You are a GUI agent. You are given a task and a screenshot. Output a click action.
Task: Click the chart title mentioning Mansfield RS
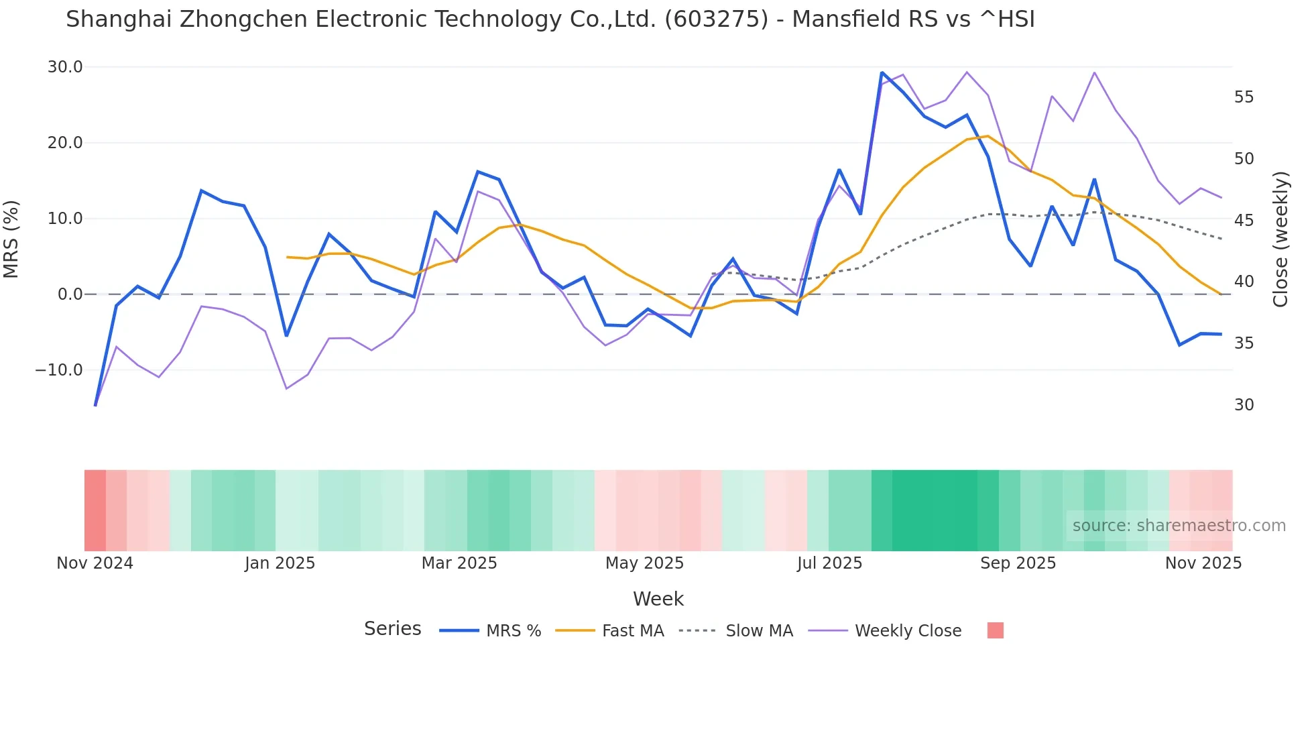pyautogui.click(x=550, y=19)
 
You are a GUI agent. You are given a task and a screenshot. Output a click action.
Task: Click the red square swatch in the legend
pyautogui.click(x=996, y=630)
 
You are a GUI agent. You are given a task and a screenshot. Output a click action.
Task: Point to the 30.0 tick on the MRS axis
pyautogui.click(x=65, y=67)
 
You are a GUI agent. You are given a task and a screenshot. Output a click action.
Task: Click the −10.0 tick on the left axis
pyautogui.click(x=59, y=370)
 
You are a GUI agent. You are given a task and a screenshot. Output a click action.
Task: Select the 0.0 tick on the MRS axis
pyautogui.click(x=70, y=294)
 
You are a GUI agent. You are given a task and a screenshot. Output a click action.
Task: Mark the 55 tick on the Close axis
pyautogui.click(x=1244, y=97)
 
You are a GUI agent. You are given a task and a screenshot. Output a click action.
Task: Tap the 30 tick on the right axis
pyautogui.click(x=1244, y=405)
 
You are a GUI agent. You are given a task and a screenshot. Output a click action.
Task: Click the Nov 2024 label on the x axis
pyautogui.click(x=95, y=563)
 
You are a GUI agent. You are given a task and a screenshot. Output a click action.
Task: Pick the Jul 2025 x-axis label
pyautogui.click(x=829, y=563)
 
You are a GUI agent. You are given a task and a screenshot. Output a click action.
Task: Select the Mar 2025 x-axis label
pyautogui.click(x=459, y=563)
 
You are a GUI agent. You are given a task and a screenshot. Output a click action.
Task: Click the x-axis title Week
pyautogui.click(x=658, y=599)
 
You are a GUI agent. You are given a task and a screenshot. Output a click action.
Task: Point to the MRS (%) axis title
pyautogui.click(x=11, y=239)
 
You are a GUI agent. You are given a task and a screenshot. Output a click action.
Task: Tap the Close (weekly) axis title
pyautogui.click(x=1280, y=239)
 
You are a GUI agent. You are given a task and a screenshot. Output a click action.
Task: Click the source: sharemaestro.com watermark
pyautogui.click(x=1179, y=526)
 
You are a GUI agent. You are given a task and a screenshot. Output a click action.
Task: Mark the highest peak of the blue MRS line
pyautogui.click(x=882, y=72)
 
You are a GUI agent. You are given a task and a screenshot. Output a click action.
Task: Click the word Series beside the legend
pyautogui.click(x=392, y=629)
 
